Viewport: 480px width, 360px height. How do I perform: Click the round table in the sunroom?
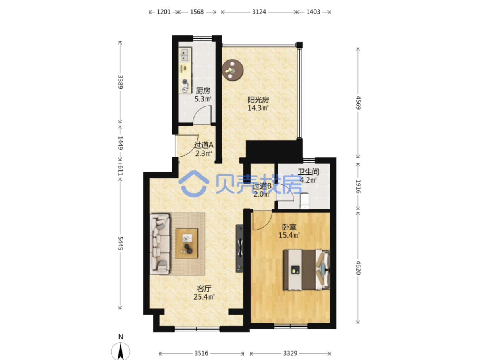pyautogui.click(x=232, y=70)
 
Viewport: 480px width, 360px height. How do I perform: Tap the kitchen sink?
pyautogui.click(x=185, y=55)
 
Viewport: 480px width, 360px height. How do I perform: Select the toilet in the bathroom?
pyautogui.click(x=305, y=200)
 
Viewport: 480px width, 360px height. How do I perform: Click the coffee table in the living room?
pyautogui.click(x=187, y=243)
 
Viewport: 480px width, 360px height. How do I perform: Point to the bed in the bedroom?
pyautogui.click(x=307, y=269)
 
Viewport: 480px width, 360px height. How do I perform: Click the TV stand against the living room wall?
pyautogui.click(x=239, y=248)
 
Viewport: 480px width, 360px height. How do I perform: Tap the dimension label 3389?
pyautogui.click(x=120, y=82)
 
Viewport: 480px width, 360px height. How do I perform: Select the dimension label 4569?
pyautogui.click(x=358, y=103)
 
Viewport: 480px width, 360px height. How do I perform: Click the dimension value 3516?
pyautogui.click(x=201, y=353)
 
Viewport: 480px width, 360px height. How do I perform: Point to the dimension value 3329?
pyautogui.click(x=290, y=353)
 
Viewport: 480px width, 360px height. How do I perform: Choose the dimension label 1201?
pyautogui.click(x=163, y=12)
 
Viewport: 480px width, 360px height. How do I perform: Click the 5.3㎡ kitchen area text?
pyautogui.click(x=203, y=99)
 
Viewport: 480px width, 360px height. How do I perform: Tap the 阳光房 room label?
pyautogui.click(x=258, y=100)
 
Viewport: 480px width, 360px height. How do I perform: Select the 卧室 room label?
pyautogui.click(x=289, y=227)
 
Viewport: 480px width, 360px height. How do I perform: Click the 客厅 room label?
pyautogui.click(x=204, y=288)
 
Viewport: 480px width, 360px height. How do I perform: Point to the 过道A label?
pyautogui.click(x=204, y=145)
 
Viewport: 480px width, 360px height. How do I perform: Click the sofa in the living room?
pyautogui.click(x=160, y=244)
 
